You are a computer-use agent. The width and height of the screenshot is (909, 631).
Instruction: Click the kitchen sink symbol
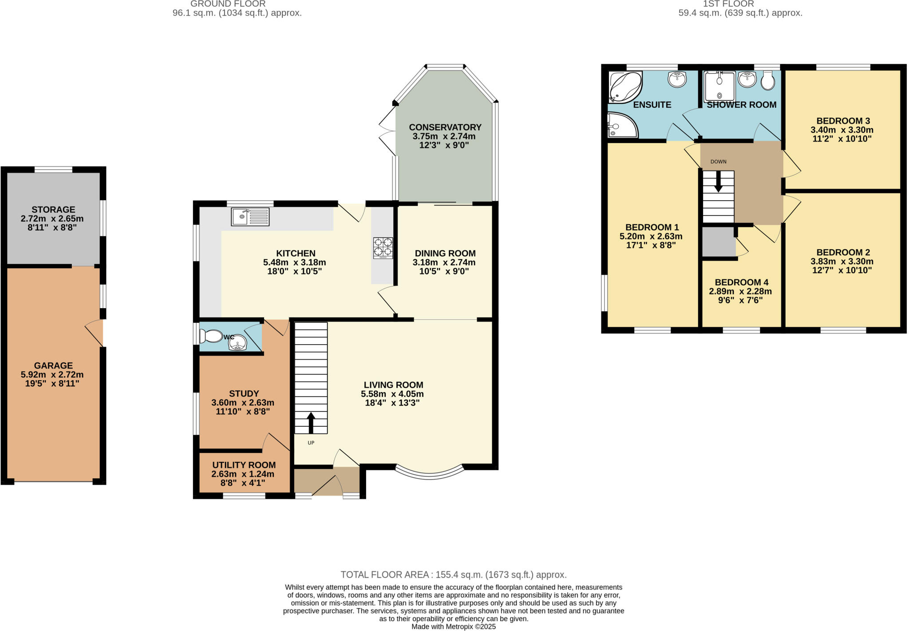point(250,217)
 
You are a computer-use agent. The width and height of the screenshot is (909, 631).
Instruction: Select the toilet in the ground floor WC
point(211,336)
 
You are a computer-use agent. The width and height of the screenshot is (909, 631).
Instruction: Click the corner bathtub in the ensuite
point(625,87)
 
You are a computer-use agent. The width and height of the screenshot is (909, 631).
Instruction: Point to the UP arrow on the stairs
point(311,423)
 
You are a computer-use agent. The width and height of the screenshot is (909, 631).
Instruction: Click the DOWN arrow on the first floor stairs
point(718,181)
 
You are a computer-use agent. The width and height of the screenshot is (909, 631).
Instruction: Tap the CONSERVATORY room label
point(445,127)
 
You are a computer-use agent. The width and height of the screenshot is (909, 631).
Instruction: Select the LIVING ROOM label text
point(393,385)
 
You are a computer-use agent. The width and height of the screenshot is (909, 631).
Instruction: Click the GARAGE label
point(53,365)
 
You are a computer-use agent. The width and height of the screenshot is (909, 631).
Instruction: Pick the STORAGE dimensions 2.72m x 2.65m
point(52,218)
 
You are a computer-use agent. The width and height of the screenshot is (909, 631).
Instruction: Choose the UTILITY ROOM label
point(244,465)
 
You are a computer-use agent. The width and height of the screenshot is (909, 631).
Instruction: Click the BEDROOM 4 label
point(741,282)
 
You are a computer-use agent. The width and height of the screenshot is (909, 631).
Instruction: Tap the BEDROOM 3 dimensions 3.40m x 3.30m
point(842,130)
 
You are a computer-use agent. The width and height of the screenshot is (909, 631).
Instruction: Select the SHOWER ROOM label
point(741,105)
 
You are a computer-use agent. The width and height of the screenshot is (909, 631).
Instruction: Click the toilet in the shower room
point(768,80)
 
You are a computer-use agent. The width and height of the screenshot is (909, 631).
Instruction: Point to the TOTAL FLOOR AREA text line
point(453,575)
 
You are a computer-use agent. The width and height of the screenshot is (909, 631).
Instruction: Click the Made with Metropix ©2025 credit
point(453,627)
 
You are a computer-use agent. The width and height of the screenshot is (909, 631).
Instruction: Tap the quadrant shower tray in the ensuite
point(621,125)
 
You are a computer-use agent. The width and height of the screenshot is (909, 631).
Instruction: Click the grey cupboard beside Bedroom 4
point(718,242)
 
